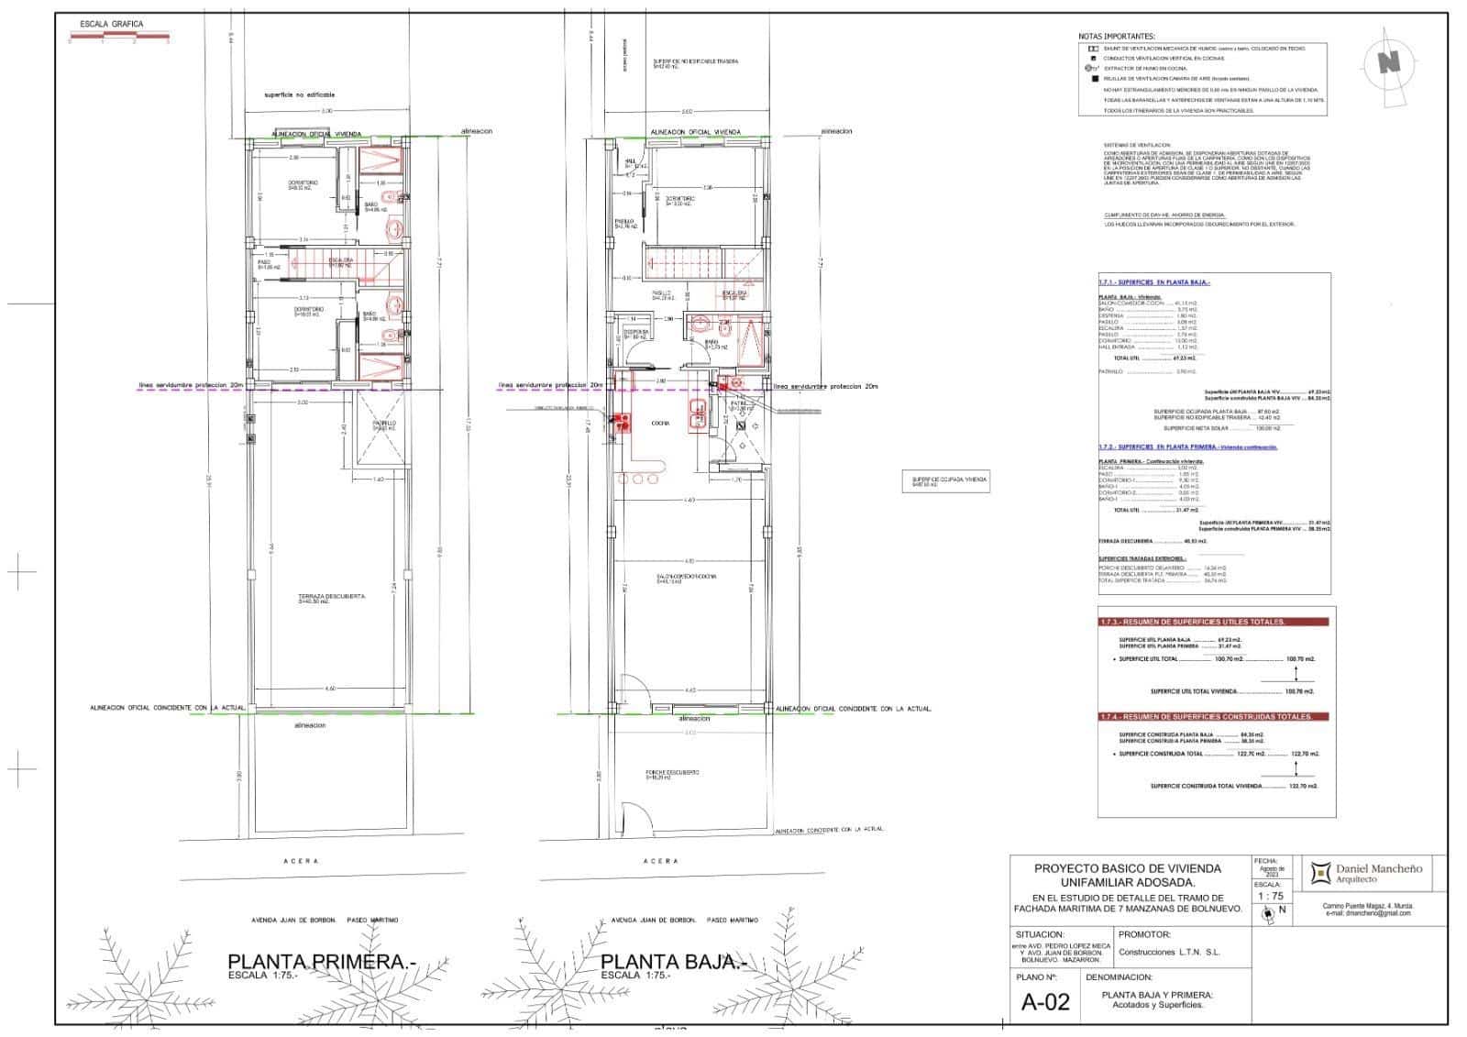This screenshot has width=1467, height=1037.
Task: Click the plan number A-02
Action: pyautogui.click(x=1045, y=1002)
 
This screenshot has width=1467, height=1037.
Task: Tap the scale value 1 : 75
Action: pyautogui.click(x=1270, y=896)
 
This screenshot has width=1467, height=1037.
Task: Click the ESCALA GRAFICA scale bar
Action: pyautogui.click(x=118, y=39)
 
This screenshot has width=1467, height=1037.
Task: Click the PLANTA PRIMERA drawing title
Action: pyautogui.click(x=321, y=962)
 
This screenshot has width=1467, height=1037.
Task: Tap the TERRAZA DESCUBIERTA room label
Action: pyautogui.click(x=332, y=598)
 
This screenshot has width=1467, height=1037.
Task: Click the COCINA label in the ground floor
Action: pyautogui.click(x=660, y=424)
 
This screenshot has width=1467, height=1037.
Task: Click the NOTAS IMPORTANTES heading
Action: pyautogui.click(x=1117, y=37)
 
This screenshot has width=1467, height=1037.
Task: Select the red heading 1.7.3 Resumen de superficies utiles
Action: pyautogui.click(x=1192, y=622)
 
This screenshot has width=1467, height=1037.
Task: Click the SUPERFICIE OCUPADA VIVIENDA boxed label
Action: pyautogui.click(x=945, y=481)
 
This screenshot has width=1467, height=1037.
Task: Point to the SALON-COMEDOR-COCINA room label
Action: pyautogui.click(x=686, y=578)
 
